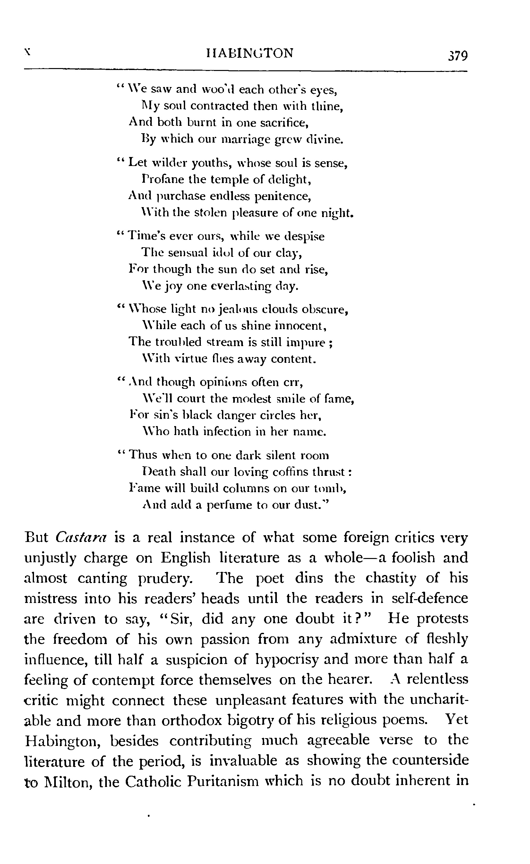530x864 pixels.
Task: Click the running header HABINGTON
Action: tap(245, 53)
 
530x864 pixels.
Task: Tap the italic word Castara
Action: tap(81, 538)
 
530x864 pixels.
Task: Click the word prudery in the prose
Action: tap(165, 579)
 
